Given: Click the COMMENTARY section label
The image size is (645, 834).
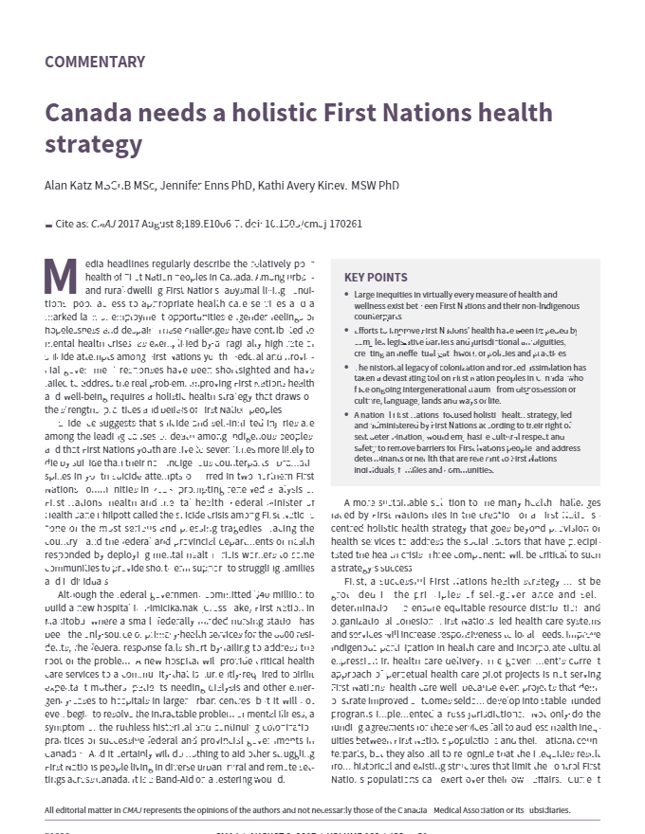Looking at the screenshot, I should point(95,63).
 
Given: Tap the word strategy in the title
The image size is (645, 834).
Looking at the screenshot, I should point(93,145).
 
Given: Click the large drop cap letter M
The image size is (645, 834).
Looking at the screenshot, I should point(60,275).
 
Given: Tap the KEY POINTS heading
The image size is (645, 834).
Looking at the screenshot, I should point(376,278).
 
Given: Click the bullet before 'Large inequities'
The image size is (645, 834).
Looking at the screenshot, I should point(346,296).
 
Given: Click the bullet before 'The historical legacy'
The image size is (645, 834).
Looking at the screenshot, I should point(346,368).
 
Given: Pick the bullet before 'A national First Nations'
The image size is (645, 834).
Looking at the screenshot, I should point(346,415).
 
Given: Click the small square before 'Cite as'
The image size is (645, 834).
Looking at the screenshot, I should point(48,226).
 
